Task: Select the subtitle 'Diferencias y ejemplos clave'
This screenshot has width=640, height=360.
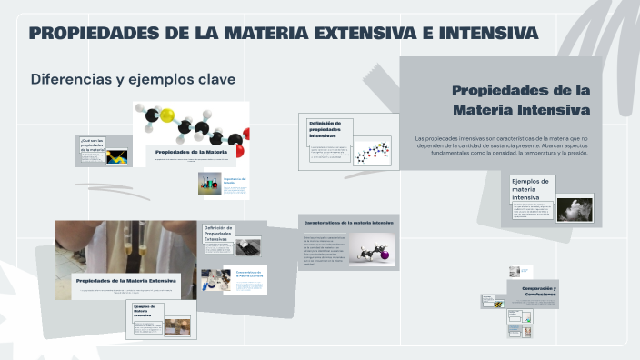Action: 133,79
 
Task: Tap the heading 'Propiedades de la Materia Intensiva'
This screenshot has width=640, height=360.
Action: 521,100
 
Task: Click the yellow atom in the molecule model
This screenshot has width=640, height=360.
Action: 168,116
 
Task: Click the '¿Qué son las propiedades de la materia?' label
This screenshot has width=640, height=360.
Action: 92,145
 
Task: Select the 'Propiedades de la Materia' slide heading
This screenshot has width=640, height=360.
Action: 191,151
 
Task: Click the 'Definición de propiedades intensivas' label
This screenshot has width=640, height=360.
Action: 325,128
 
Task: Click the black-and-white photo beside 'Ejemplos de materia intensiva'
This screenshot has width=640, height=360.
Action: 574,207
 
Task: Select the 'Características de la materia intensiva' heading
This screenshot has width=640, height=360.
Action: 349,222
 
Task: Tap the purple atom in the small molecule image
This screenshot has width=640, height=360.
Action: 385,255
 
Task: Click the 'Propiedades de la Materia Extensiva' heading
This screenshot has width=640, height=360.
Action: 125,281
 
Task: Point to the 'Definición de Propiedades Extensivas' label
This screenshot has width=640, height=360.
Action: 218,234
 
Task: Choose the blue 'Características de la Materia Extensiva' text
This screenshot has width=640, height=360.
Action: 249,273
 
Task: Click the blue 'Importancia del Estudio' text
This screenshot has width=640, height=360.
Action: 235,182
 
